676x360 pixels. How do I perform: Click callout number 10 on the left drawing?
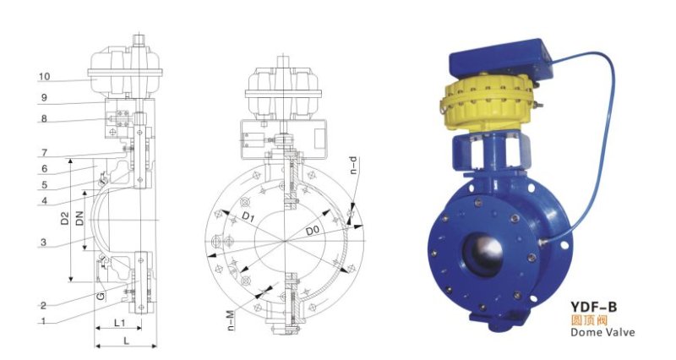coord(45,77)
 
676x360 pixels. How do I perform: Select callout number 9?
coord(44,98)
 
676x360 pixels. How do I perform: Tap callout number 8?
coord(44,118)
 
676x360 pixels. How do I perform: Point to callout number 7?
coord(45,153)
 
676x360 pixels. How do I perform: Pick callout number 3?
coord(44,243)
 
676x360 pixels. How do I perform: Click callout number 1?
coord(43,321)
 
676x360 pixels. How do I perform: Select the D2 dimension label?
coord(65,218)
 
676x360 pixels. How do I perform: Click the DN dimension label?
coord(79,218)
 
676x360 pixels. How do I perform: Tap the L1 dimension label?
coord(119,323)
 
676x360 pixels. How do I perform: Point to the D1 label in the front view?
coord(248,217)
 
